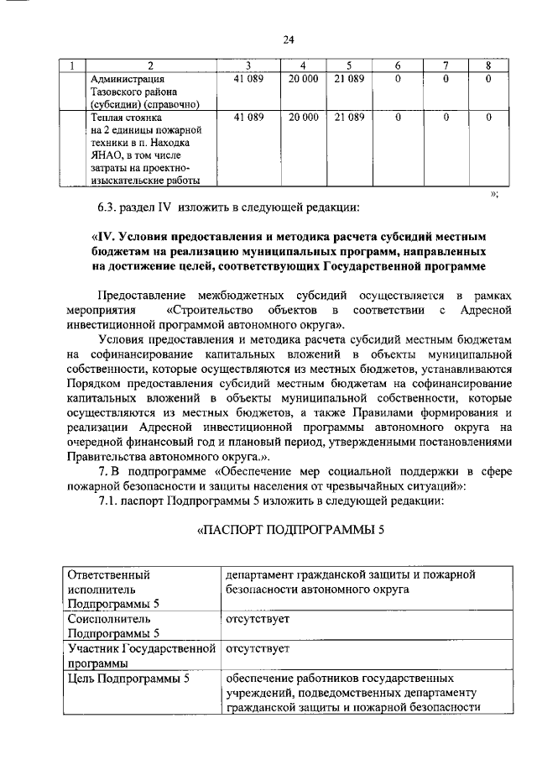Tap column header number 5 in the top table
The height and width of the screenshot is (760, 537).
(348, 66)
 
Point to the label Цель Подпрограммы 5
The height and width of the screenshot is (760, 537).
(128, 677)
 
